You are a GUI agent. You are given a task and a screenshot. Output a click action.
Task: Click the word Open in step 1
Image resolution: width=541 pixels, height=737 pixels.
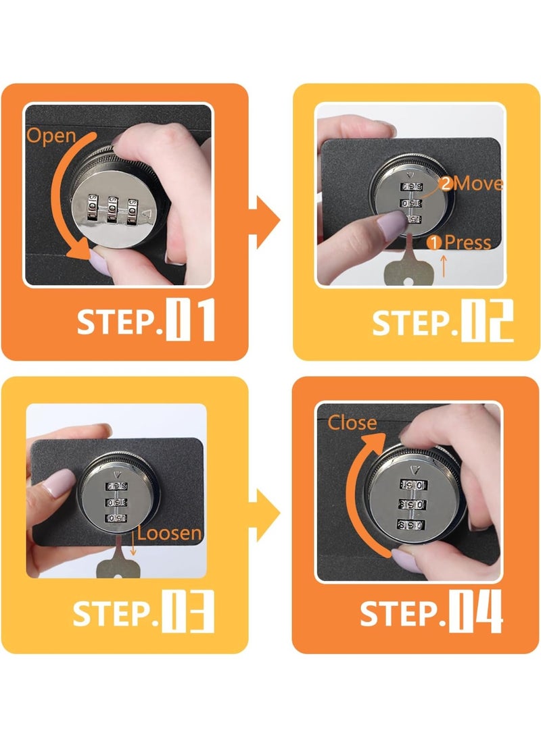coord(51,136)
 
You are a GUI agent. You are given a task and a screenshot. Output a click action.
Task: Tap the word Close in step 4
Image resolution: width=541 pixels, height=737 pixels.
coord(352,423)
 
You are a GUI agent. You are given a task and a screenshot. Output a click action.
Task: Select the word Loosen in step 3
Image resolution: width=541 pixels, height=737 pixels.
coord(169,534)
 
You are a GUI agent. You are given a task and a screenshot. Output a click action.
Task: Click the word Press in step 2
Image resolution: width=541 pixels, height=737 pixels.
coord(467,243)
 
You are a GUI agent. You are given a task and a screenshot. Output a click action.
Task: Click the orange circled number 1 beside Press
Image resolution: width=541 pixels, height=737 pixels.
coord(434,243)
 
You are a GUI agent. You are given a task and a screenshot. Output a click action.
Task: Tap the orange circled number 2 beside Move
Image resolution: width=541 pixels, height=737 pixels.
coord(445,183)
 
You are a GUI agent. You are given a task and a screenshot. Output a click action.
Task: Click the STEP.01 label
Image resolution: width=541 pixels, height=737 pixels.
coord(146,320)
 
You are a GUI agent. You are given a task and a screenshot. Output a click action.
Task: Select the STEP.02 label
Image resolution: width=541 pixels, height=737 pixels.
coord(443,321)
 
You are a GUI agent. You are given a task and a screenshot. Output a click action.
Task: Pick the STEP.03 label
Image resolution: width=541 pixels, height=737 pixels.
coord(143,611)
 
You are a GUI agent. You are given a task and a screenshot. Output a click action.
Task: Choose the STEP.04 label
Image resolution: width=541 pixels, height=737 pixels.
coord(431,611)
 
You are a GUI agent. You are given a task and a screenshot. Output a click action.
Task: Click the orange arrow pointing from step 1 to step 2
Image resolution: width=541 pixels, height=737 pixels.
coord(264,222)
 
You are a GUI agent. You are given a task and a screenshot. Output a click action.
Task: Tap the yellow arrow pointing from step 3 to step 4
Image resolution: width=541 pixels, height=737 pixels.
coord(264,515)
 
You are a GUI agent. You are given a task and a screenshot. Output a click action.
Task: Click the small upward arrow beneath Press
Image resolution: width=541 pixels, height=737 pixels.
coord(443,265)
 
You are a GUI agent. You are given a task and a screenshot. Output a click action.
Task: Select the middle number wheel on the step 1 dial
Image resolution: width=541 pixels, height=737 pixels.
coord(113,207)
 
